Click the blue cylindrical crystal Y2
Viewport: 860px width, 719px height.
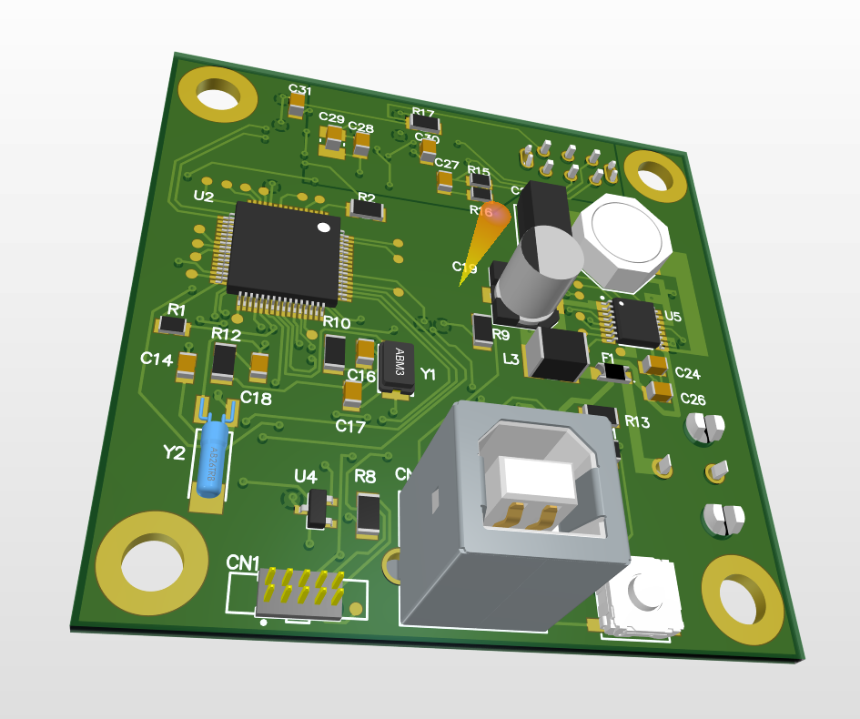tap(211, 458)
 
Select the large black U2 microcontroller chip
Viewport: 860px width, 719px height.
tap(283, 252)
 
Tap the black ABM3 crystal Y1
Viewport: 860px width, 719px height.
tap(397, 368)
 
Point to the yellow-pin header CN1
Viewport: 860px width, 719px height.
tap(299, 590)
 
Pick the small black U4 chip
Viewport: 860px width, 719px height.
tap(317, 508)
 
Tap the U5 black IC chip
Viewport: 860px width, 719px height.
tap(635, 321)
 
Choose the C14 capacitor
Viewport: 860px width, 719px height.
tap(186, 368)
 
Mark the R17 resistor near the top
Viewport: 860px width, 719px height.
tap(424, 122)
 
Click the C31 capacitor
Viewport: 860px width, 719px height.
tap(297, 108)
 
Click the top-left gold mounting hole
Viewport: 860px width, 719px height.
tap(218, 93)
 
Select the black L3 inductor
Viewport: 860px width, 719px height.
tap(557, 354)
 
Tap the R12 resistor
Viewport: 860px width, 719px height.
tap(223, 364)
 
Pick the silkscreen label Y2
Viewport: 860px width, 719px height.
tap(174, 452)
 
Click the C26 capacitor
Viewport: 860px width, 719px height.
tap(660, 391)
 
